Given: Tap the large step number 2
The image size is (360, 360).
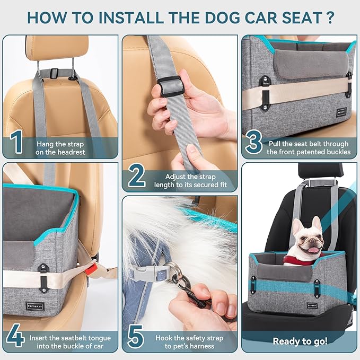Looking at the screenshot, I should [x=136, y=177].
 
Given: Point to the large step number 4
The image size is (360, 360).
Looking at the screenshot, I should [x=16, y=337].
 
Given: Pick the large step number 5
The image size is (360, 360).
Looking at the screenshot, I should [x=136, y=337].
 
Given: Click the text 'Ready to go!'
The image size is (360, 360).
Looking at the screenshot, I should [x=300, y=341].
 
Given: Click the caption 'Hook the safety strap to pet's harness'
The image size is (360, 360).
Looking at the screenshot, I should [x=189, y=342].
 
